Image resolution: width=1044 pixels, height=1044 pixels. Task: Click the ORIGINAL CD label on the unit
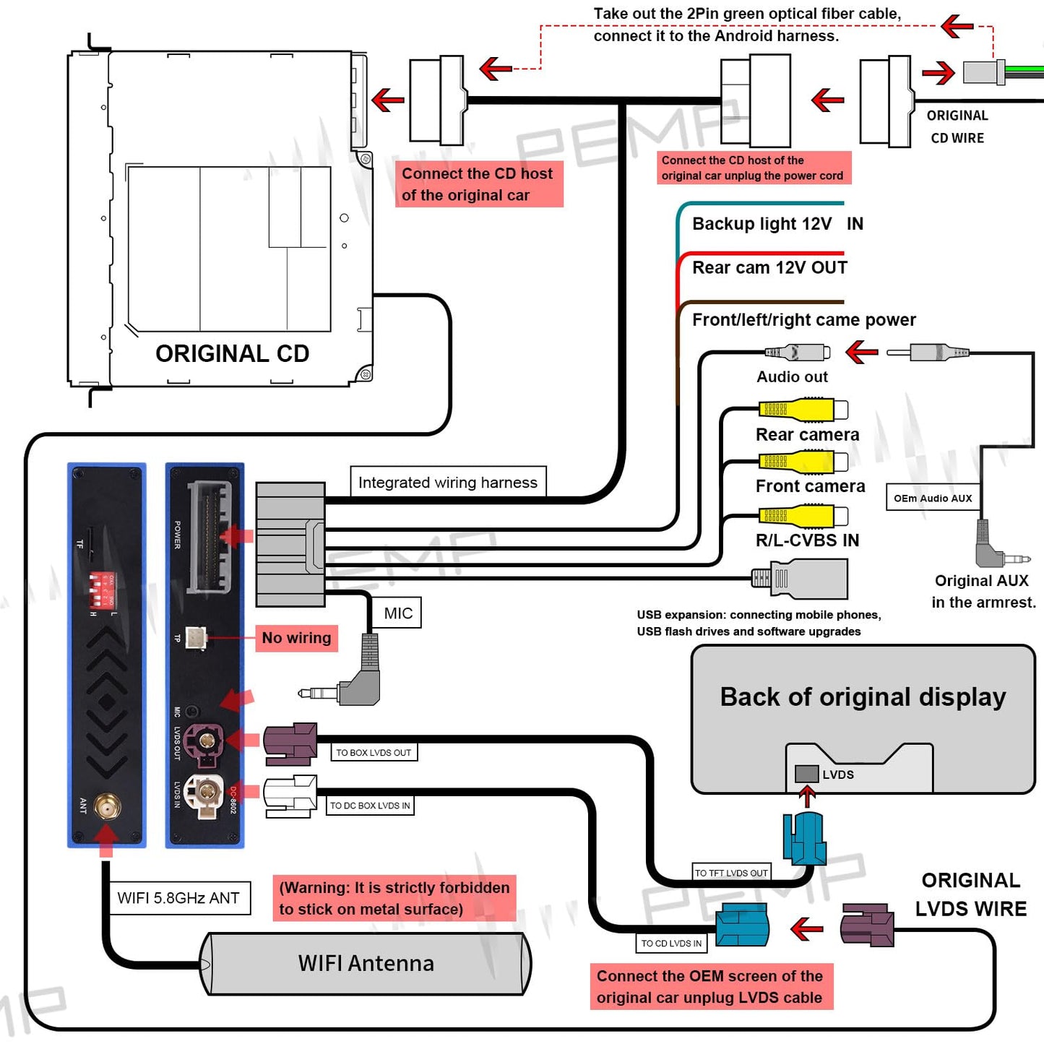click(232, 353)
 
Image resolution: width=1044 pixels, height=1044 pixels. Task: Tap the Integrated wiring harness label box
click(448, 482)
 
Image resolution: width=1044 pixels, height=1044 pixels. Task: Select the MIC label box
click(398, 613)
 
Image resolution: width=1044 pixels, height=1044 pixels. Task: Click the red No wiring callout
click(296, 638)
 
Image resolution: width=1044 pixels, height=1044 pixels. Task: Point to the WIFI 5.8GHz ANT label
click(178, 898)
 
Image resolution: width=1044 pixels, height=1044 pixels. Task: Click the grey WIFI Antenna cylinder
click(366, 964)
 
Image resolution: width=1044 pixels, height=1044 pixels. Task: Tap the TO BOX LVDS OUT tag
click(374, 753)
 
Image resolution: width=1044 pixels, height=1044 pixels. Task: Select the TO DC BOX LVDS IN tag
click(370, 806)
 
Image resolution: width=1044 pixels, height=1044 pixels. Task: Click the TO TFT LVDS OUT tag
click(731, 873)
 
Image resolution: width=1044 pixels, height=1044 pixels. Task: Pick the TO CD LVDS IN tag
click(671, 943)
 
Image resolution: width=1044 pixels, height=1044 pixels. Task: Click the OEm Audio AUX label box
click(933, 498)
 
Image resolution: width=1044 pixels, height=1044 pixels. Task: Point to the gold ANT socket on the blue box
click(108, 806)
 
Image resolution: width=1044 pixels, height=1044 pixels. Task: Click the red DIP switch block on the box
click(102, 590)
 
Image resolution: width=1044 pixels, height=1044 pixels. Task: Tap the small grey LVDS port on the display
click(806, 774)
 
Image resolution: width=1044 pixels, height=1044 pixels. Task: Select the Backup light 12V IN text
click(777, 224)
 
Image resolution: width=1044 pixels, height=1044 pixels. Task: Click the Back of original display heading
click(863, 697)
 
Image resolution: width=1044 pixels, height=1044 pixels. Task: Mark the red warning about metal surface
click(394, 898)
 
